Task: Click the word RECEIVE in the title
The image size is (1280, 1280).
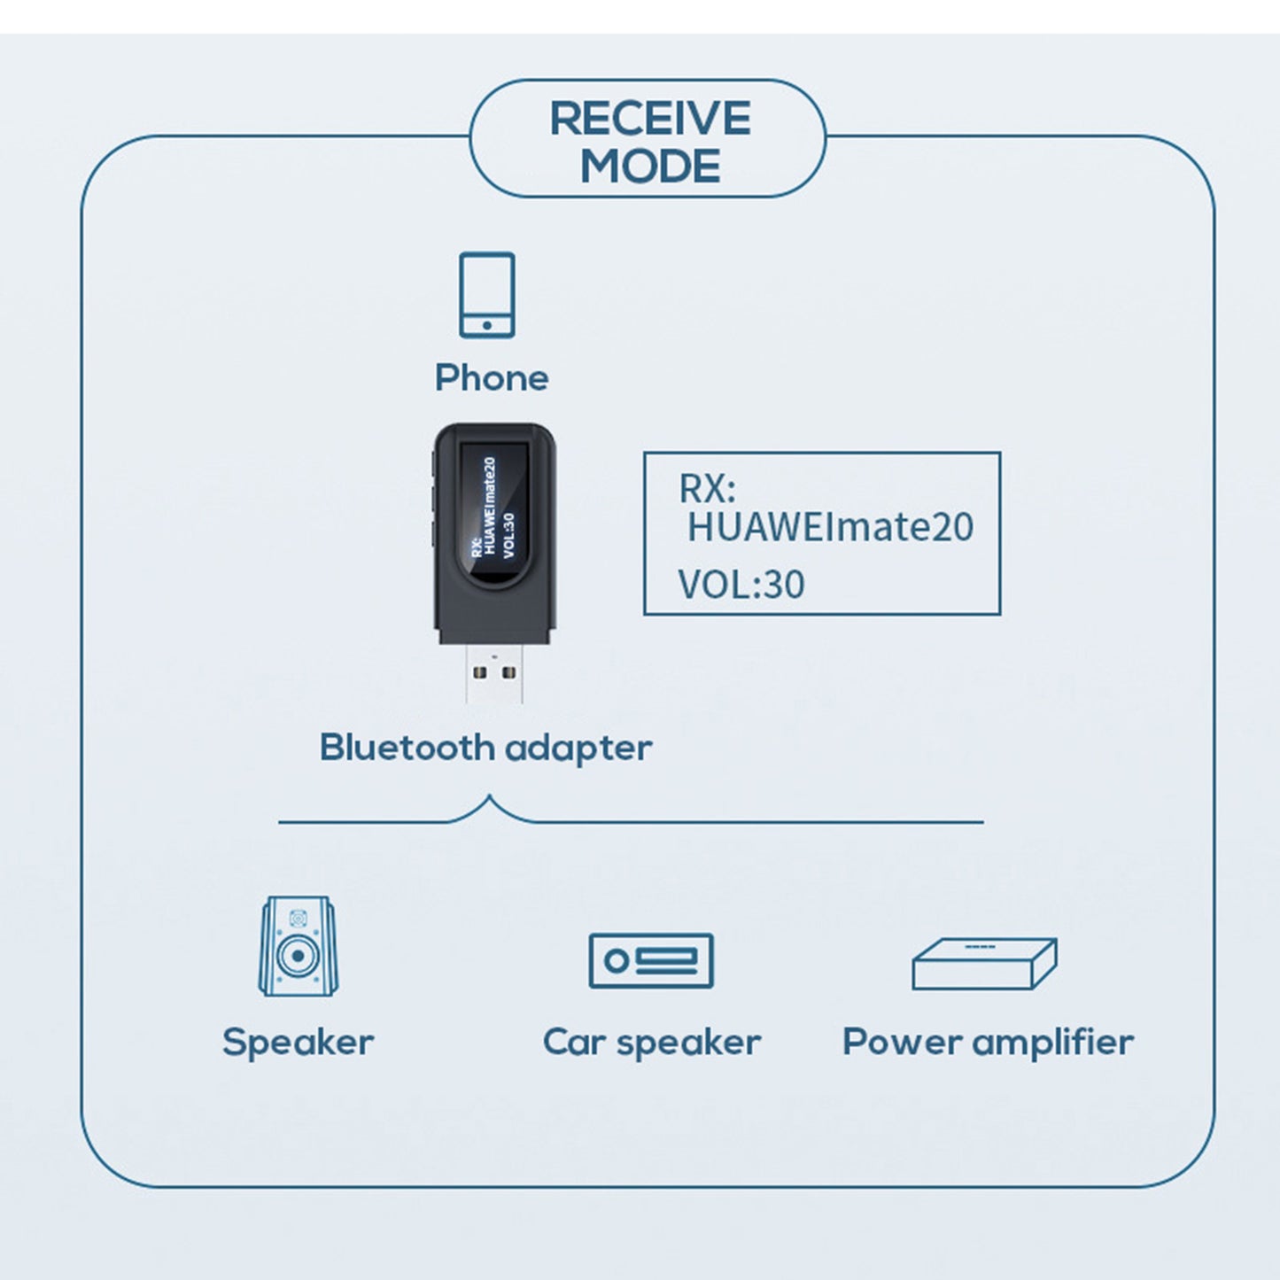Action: (650, 119)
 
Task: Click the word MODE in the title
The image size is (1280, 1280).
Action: (650, 167)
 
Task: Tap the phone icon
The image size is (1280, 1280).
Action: (486, 295)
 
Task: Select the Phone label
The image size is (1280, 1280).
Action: (492, 378)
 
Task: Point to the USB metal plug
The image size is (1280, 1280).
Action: (494, 673)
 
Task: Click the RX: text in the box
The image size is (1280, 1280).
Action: (707, 488)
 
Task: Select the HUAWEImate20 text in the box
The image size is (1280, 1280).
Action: (830, 527)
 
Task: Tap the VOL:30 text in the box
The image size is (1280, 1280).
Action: (741, 585)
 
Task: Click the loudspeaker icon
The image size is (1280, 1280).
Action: (298, 946)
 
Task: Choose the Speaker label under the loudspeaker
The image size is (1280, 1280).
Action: (298, 1042)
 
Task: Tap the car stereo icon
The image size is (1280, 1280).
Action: (651, 961)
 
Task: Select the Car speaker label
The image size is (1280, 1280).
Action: (651, 1043)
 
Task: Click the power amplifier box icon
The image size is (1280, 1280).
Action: (984, 964)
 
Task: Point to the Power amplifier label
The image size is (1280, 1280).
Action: (988, 1042)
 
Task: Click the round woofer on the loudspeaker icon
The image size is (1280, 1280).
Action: (298, 958)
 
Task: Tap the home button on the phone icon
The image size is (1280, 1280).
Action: (486, 325)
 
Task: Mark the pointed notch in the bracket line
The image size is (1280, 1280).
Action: (489, 799)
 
